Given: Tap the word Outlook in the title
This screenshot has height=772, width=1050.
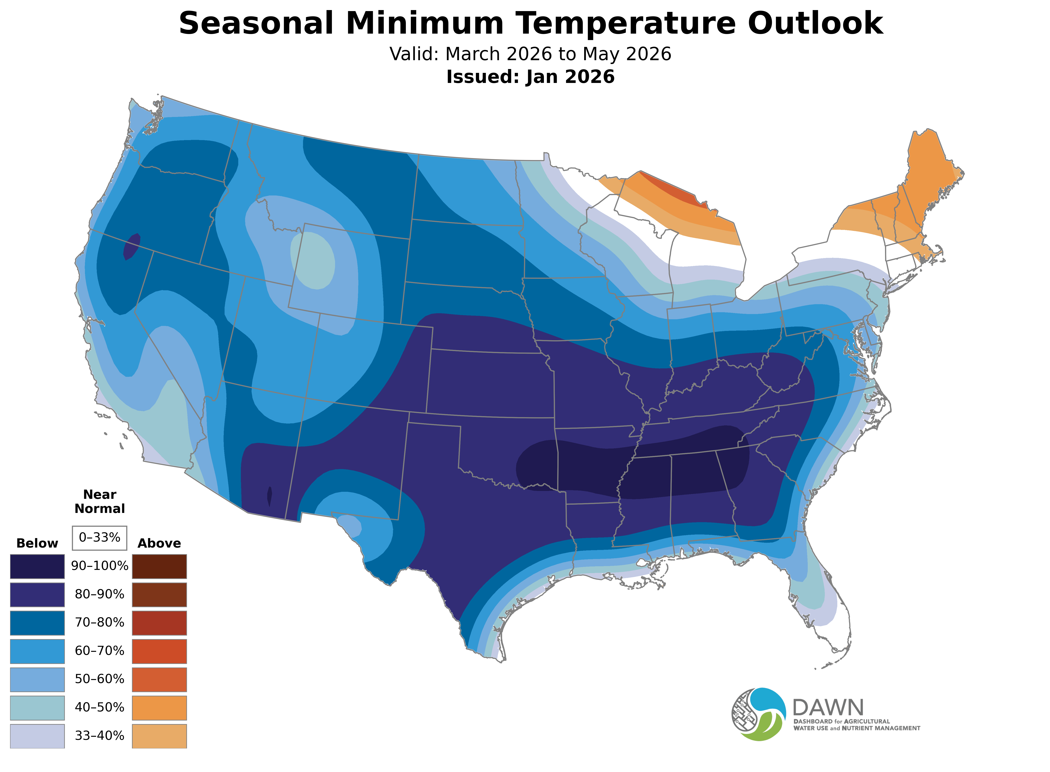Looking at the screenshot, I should click(815, 23).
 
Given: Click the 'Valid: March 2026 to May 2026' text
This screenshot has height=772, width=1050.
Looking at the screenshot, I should click(530, 54).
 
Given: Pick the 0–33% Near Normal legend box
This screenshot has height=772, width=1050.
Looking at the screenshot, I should click(99, 538).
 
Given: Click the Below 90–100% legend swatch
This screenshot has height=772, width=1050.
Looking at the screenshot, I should click(37, 566).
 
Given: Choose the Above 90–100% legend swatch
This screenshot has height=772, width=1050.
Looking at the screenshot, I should click(159, 566).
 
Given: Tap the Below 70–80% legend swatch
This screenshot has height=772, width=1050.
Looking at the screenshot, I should click(37, 623).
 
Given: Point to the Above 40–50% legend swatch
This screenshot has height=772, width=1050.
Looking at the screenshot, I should click(159, 708).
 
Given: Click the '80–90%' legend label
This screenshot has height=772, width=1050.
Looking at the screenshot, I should click(99, 594).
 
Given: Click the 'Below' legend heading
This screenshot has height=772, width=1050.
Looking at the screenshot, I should click(37, 544).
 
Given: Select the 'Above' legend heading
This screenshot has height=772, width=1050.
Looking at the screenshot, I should click(159, 544).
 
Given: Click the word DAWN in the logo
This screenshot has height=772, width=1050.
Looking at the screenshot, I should click(828, 708).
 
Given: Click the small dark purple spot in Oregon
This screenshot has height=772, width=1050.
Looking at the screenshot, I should click(132, 246).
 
